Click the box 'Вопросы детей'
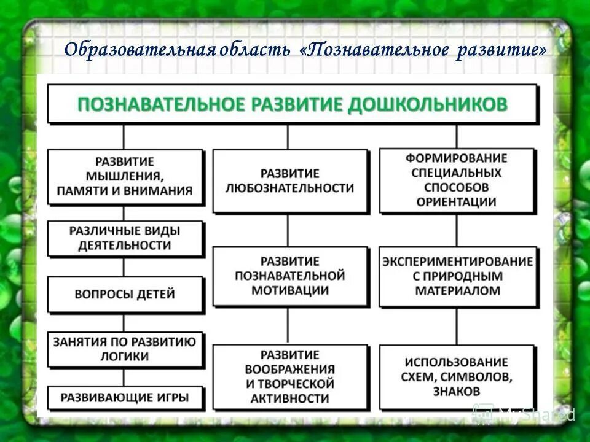125,294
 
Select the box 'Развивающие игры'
125,397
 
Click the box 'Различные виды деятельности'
125,238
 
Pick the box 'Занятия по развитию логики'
125,349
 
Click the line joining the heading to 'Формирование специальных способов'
456,136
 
